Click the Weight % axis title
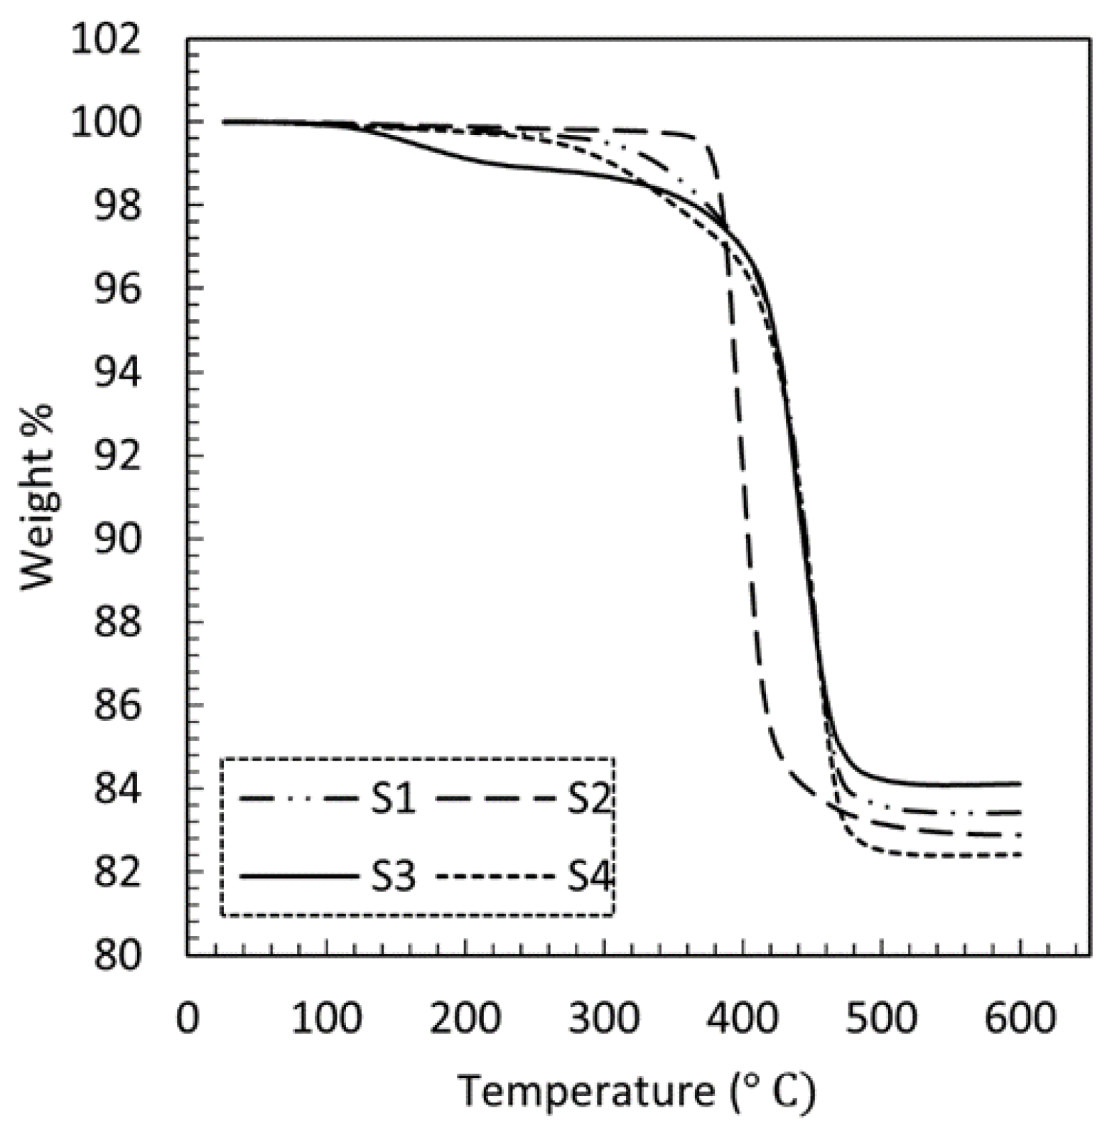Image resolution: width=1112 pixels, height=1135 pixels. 37,496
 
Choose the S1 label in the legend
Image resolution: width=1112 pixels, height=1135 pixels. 393,800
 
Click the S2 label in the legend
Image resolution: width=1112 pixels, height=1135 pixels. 589,800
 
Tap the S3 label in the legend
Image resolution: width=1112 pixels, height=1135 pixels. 393,877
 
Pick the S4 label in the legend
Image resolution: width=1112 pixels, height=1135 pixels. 589,877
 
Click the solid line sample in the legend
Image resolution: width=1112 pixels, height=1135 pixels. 298,877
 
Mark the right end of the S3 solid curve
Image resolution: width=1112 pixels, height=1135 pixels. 1020,783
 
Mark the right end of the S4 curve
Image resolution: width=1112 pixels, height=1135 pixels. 1020,855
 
